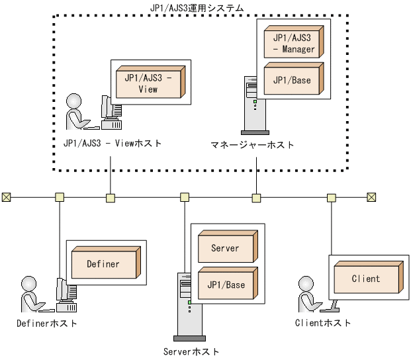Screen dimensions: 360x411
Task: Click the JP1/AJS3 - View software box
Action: pyautogui.click(x=149, y=83)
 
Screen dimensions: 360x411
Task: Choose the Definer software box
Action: pyautogui.click(x=103, y=263)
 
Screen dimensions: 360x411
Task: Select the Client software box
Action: pyautogui.click(x=366, y=278)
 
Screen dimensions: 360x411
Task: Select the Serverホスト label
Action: pyautogui.click(x=191, y=351)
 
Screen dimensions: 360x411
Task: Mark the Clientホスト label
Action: pyautogui.click(x=323, y=323)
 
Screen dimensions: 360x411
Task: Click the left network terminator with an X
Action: pyautogui.click(x=6, y=197)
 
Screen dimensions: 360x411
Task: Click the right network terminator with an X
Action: pyautogui.click(x=371, y=197)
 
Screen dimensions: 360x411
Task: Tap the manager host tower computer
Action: pyautogui.click(x=251, y=106)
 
